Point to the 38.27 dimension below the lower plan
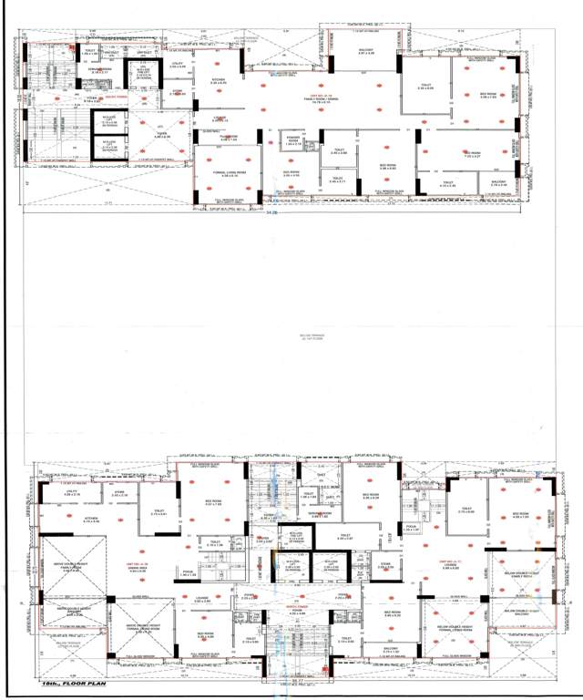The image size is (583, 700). pyautogui.click(x=296, y=679)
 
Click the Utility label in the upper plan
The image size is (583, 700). pyautogui.click(x=179, y=64)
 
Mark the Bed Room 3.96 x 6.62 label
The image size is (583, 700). pyautogui.click(x=387, y=167)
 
